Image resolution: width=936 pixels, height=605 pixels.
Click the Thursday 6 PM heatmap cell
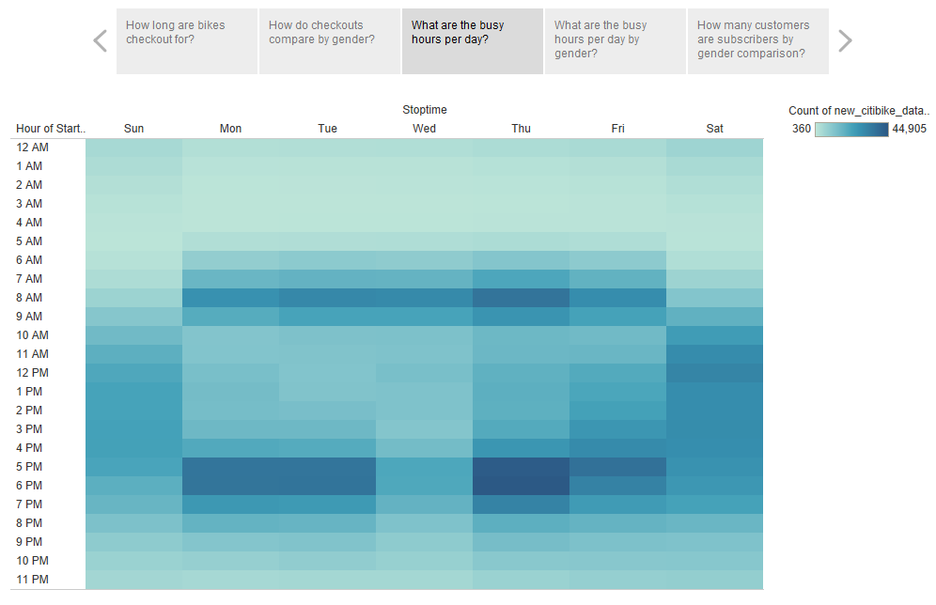tap(521, 486)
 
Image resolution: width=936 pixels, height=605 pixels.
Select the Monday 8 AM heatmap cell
tap(230, 298)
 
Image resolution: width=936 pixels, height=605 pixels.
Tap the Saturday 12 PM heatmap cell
tap(714, 373)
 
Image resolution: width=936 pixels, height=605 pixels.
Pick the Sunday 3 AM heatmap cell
tap(133, 204)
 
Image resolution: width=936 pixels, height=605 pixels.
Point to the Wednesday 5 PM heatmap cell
tap(424, 467)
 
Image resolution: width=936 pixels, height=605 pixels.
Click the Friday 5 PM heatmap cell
tap(617, 467)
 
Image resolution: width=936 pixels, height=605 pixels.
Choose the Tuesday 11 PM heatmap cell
tap(327, 580)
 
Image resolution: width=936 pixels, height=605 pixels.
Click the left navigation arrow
tap(100, 41)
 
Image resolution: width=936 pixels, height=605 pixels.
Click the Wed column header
tap(424, 129)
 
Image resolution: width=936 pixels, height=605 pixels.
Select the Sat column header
tap(714, 129)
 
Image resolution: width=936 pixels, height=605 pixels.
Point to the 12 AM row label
tap(32, 147)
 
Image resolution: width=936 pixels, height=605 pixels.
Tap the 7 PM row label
tap(29, 504)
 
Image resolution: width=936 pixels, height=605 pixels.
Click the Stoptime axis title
tap(424, 110)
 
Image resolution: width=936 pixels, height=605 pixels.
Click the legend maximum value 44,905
tap(909, 129)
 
